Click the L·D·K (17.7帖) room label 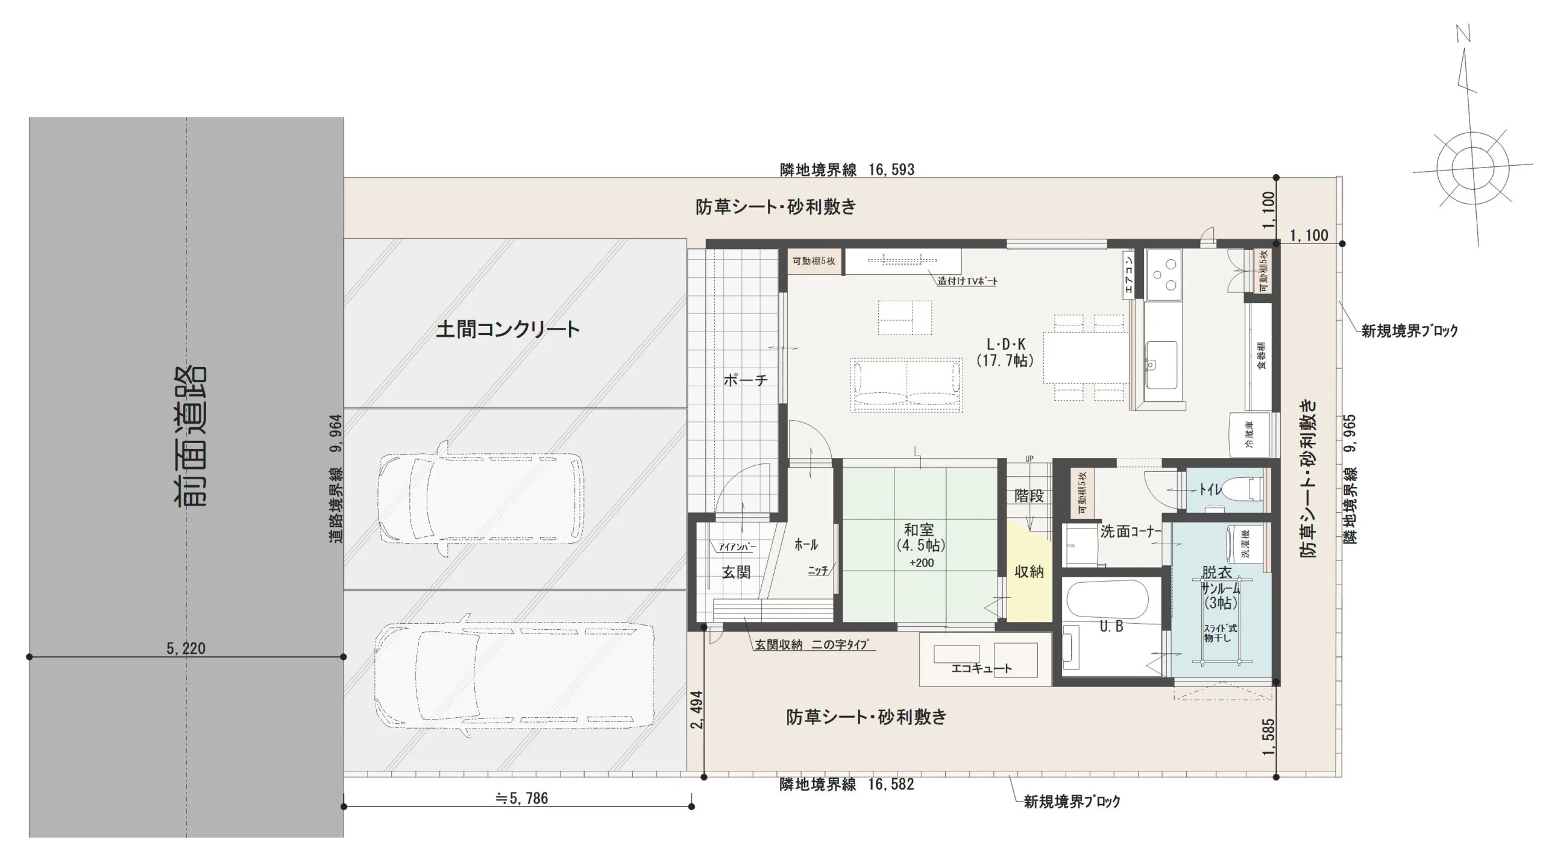(x=1005, y=353)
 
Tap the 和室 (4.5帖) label (x=920, y=538)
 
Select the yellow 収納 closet (x=1028, y=573)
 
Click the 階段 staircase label (x=1029, y=496)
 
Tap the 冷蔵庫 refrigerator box (x=1249, y=434)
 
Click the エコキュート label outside (x=981, y=668)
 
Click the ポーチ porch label (x=746, y=380)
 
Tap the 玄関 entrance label (x=736, y=572)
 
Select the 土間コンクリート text (x=508, y=329)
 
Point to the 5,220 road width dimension (x=186, y=648)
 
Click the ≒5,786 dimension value (x=521, y=799)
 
